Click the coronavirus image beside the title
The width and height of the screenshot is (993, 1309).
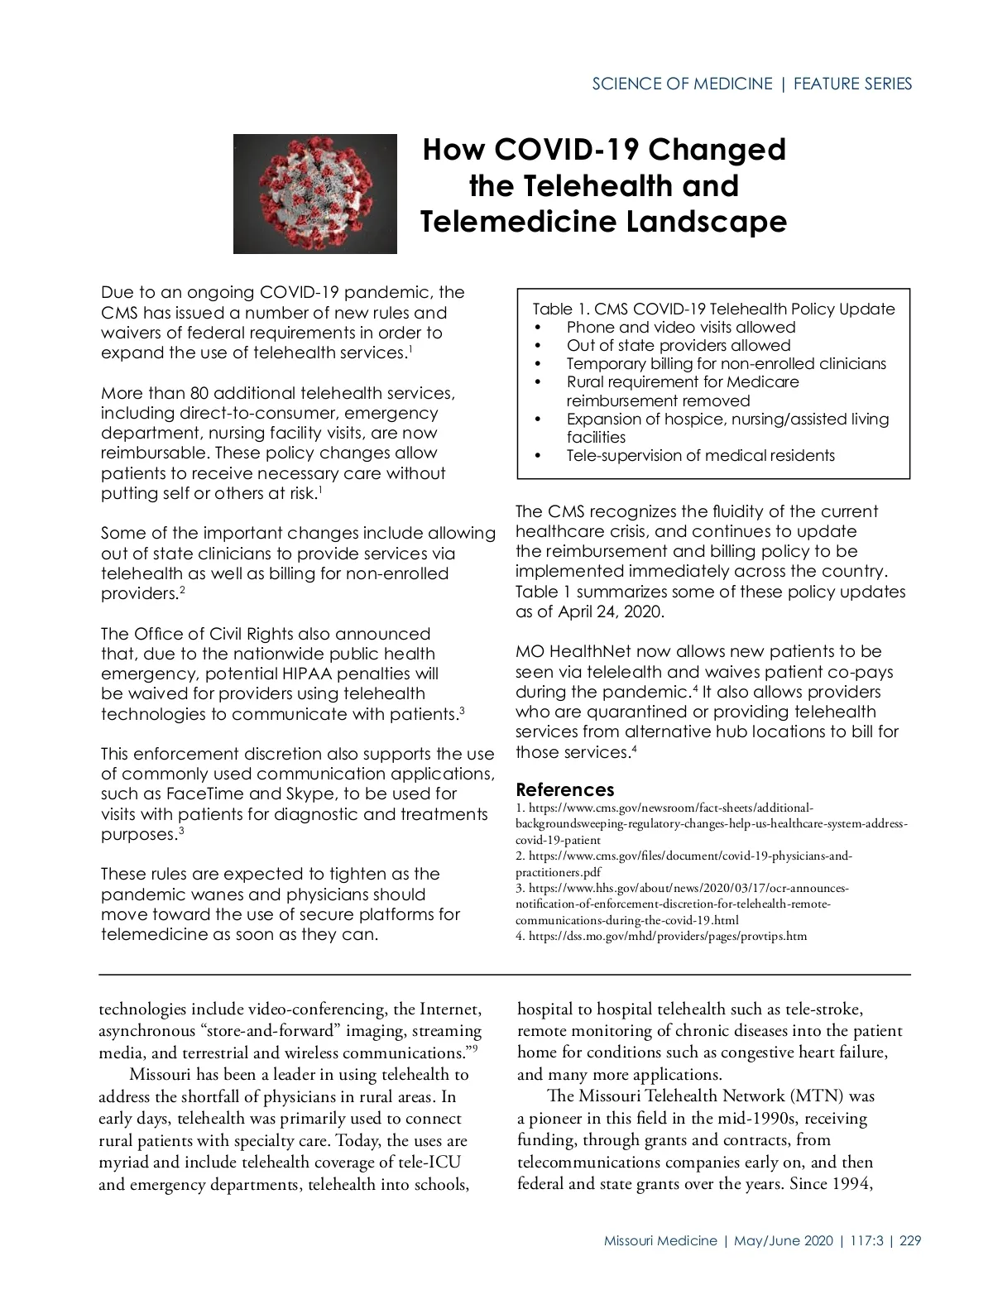tap(314, 194)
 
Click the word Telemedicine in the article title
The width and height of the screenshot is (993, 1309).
tap(517, 222)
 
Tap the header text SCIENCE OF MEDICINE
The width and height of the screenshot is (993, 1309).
tap(682, 84)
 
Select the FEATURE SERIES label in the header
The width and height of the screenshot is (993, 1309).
tap(852, 84)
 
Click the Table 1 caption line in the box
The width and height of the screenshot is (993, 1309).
tap(713, 309)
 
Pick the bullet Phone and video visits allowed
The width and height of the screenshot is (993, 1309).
tap(680, 327)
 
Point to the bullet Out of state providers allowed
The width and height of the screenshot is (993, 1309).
tap(678, 345)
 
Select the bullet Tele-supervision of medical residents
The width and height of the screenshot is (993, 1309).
tap(700, 455)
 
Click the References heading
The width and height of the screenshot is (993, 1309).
tap(564, 789)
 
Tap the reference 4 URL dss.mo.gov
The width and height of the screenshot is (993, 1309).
tap(667, 936)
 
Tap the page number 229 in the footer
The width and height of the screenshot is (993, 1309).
tap(910, 1240)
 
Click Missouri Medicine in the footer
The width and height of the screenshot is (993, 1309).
tap(660, 1240)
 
